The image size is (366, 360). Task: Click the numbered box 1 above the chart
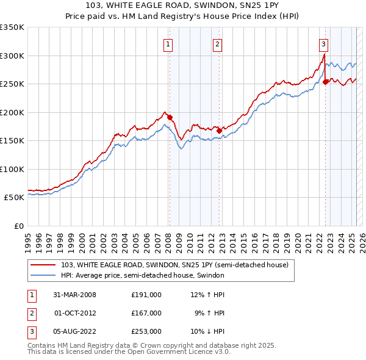pyautogui.click(x=167, y=43)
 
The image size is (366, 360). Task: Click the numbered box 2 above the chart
pyautogui.click(x=217, y=43)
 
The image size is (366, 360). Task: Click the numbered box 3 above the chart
pyautogui.click(x=323, y=43)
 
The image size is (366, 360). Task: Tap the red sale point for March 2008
pyautogui.click(x=170, y=118)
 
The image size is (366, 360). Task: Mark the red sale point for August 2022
pyautogui.click(x=326, y=82)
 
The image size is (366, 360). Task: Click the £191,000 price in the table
pyautogui.click(x=146, y=295)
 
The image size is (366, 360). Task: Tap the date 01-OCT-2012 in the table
pyautogui.click(x=76, y=313)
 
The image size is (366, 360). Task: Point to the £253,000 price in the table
pyautogui.click(x=146, y=331)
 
